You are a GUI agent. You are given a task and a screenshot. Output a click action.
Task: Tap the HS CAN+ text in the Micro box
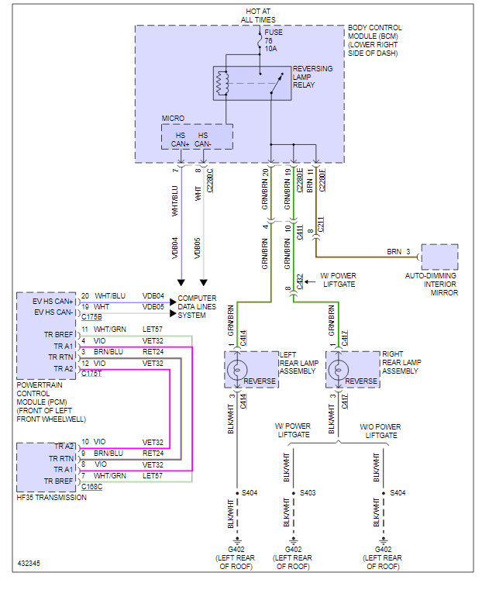181,140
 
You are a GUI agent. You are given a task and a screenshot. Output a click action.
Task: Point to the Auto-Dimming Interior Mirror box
439,257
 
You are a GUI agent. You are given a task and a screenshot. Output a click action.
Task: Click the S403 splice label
308,492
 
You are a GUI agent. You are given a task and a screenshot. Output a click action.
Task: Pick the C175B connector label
91,317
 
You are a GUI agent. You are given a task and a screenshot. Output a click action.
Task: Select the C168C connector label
91,486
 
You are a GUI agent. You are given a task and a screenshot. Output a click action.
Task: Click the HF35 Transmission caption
51,497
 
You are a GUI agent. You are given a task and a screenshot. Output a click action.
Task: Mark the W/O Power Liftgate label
380,431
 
